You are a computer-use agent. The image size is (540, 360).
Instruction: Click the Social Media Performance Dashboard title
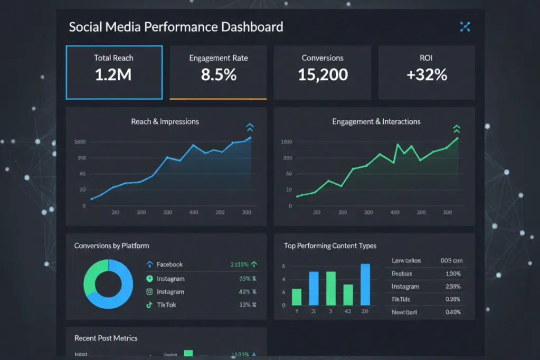[176, 27]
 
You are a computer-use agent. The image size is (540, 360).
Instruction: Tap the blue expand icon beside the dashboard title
[465, 27]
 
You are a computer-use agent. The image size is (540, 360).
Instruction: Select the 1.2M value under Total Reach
[113, 75]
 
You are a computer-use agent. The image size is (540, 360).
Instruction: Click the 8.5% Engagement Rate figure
[218, 75]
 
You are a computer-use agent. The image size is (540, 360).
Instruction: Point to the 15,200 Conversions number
[323, 75]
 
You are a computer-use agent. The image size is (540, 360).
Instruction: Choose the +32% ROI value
[427, 75]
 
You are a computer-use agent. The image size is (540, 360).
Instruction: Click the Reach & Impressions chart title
[165, 121]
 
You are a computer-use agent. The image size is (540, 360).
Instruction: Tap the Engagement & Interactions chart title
[376, 121]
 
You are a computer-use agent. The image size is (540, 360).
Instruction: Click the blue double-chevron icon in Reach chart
[250, 127]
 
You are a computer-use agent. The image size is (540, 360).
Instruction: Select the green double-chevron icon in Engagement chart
[457, 129]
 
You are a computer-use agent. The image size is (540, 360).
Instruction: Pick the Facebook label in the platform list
[169, 264]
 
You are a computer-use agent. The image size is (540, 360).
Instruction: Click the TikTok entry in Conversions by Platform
[167, 305]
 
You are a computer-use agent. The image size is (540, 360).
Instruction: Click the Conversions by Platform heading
[111, 246]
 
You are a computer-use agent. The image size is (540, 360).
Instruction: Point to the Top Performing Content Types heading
[330, 246]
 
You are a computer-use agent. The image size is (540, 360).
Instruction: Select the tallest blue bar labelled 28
[365, 284]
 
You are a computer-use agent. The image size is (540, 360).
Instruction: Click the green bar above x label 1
[297, 297]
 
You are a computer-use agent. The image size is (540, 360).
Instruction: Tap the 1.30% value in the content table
[452, 274]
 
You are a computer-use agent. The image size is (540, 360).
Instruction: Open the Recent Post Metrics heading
[106, 338]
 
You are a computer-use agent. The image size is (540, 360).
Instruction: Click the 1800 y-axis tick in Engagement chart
[287, 142]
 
